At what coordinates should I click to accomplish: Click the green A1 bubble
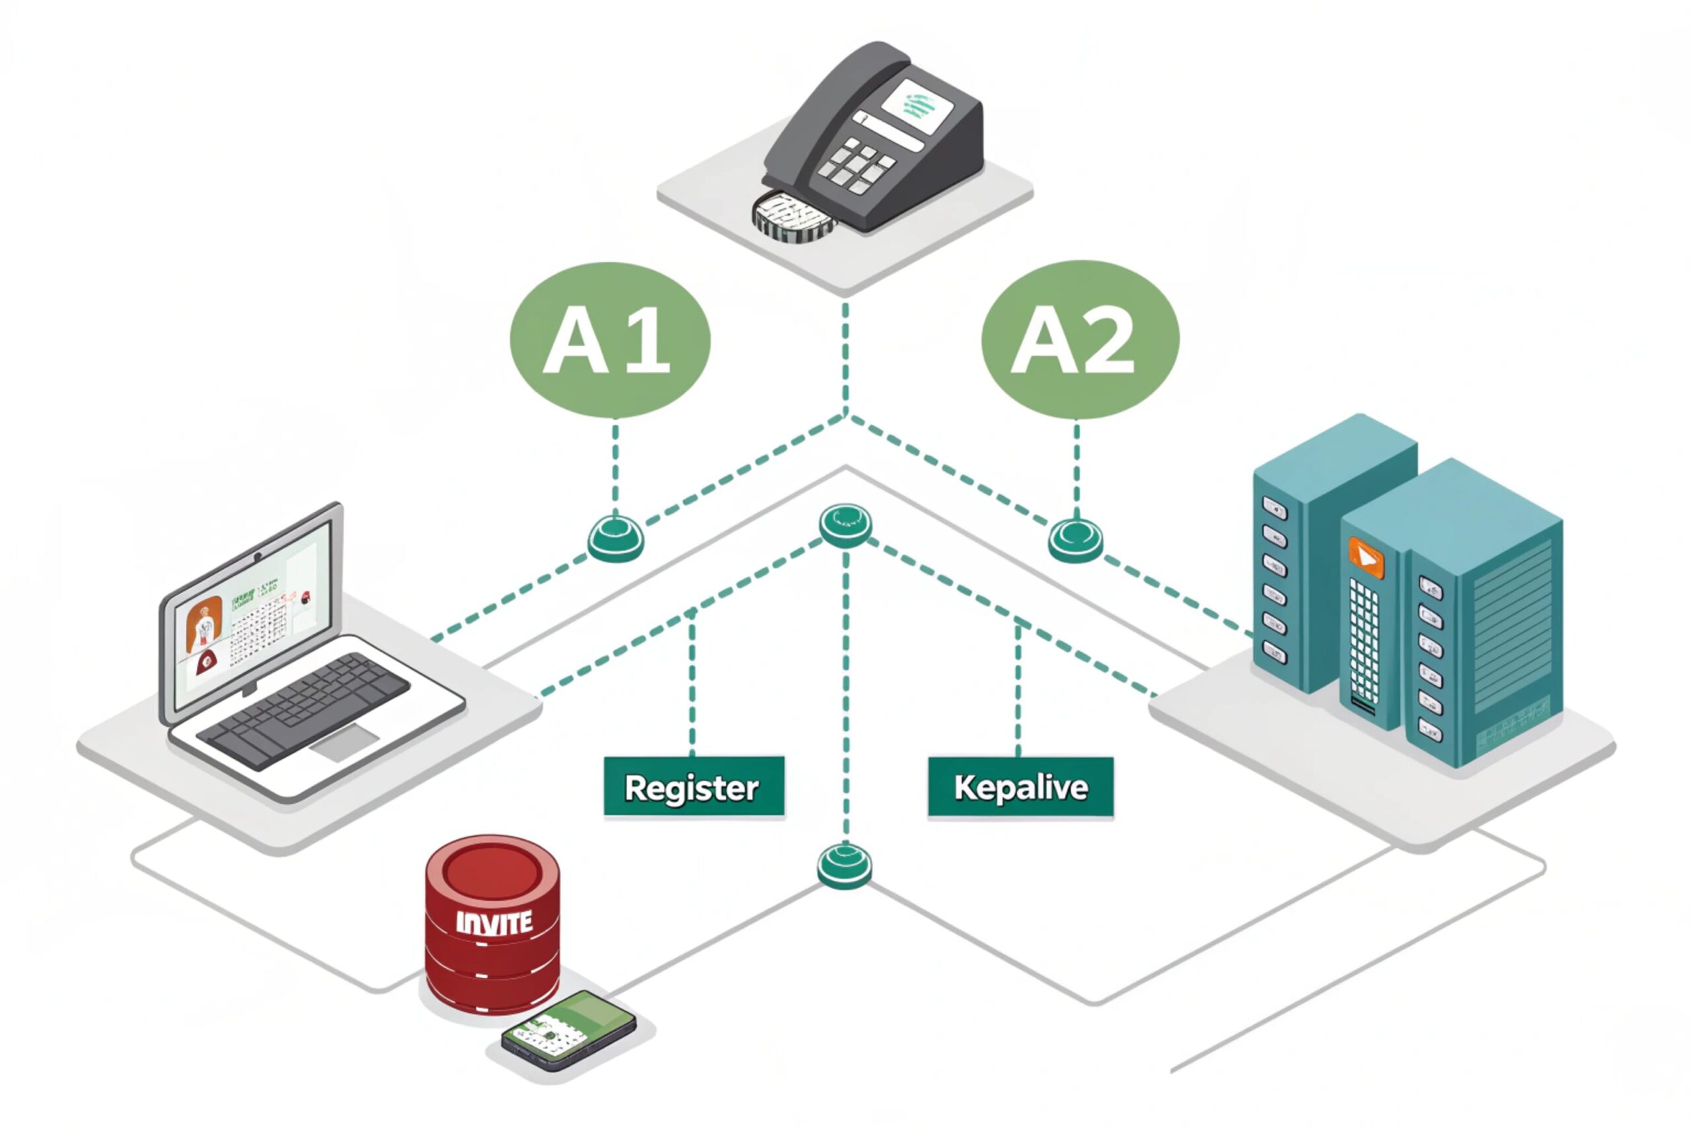[x=610, y=340]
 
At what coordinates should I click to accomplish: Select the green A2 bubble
[x=1080, y=340]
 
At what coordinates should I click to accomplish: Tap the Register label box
[x=693, y=787]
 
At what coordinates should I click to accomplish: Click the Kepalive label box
[x=1020, y=787]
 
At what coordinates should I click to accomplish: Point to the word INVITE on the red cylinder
[x=494, y=923]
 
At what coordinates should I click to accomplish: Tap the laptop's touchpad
[x=344, y=742]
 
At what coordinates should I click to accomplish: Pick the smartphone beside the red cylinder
[x=568, y=1030]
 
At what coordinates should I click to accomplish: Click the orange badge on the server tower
[x=1365, y=558]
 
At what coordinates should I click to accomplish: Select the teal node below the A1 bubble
[x=616, y=538]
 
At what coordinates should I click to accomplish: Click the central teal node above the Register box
[x=845, y=524]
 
